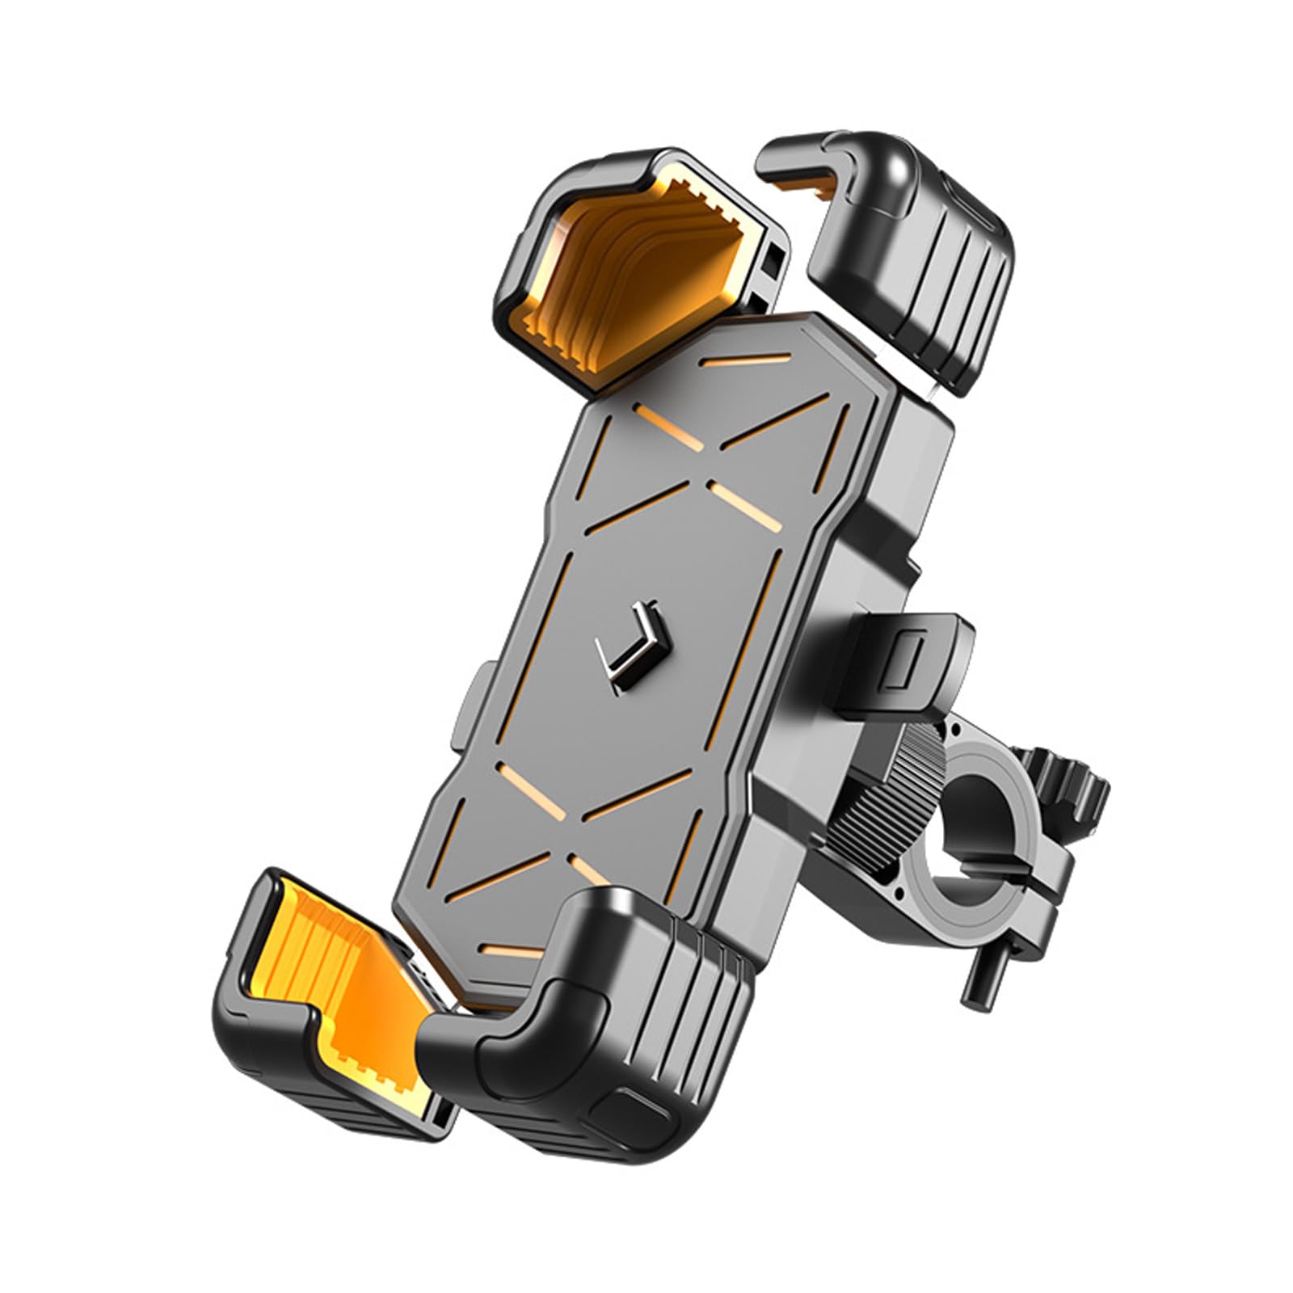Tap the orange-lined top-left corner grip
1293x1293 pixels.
point(602,259)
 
